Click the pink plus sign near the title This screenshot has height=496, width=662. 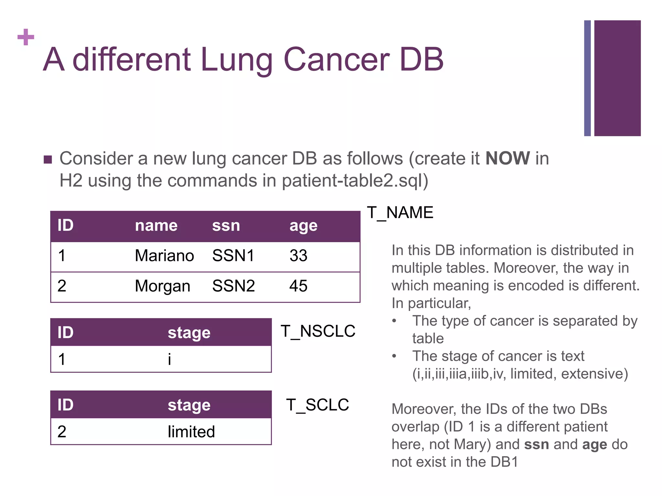pyautogui.click(x=26, y=37)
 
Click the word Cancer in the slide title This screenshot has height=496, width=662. pyautogui.click(x=336, y=59)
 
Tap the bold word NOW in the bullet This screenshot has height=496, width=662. pyautogui.click(x=507, y=159)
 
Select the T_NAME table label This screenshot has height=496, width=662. pyautogui.click(x=400, y=213)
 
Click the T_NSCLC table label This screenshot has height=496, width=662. pyautogui.click(x=318, y=331)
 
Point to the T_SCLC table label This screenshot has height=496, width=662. pyautogui.click(x=317, y=405)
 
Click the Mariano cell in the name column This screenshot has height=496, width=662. pyautogui.click(x=164, y=256)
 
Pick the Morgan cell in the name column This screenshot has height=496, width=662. pyautogui.click(x=162, y=286)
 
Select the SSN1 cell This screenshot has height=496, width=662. pyautogui.click(x=233, y=256)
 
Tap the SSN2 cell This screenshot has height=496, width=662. pyautogui.click(x=233, y=286)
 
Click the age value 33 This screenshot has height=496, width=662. pyautogui.click(x=298, y=256)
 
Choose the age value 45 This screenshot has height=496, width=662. pyautogui.click(x=298, y=286)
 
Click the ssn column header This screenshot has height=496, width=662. pyautogui.click(x=226, y=225)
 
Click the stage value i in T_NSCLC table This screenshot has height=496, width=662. pyautogui.click(x=169, y=359)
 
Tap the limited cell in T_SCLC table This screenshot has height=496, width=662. pyautogui.click(x=191, y=432)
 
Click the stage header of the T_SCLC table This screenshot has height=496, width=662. pyautogui.click(x=189, y=405)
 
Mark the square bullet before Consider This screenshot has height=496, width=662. pyautogui.click(x=48, y=160)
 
